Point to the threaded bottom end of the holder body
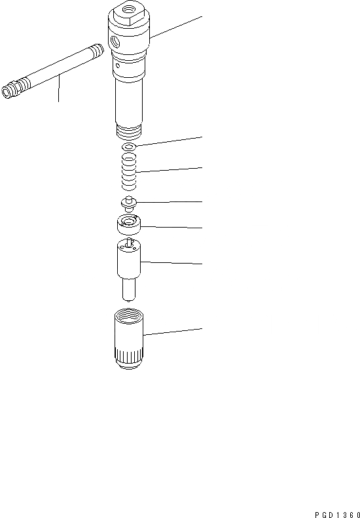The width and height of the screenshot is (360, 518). point(128,132)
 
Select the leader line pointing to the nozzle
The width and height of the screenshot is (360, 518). point(173,263)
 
